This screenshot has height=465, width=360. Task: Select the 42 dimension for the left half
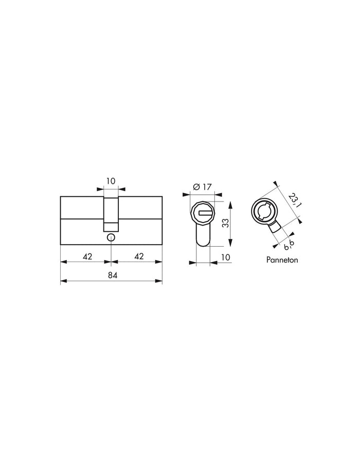[87, 256]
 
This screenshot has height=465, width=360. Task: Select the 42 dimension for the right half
[138, 256]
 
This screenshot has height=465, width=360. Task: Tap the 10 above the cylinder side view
[111, 181]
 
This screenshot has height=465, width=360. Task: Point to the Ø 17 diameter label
[204, 187]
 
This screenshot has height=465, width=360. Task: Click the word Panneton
[282, 260]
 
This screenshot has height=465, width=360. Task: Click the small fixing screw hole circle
[111, 237]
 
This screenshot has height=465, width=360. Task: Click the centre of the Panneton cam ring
[265, 211]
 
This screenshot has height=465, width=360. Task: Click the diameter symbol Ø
[196, 188]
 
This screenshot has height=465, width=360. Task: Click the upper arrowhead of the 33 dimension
[230, 204]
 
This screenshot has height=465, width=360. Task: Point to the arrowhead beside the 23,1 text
[276, 183]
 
